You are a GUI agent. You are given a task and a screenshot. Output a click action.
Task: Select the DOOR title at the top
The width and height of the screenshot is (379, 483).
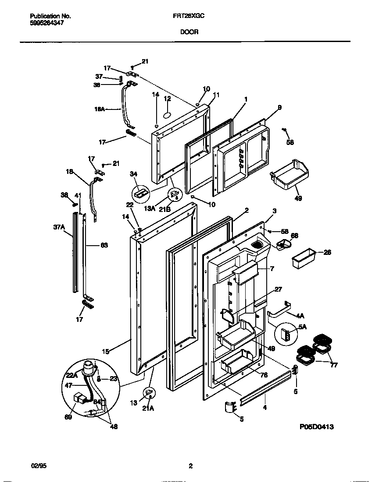(189, 32)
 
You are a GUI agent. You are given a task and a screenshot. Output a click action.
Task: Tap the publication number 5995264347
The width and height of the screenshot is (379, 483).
(47, 23)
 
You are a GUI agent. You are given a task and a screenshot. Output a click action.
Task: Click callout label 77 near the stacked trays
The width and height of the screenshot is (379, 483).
(334, 365)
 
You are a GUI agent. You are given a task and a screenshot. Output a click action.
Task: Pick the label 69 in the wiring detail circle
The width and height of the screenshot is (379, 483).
(68, 417)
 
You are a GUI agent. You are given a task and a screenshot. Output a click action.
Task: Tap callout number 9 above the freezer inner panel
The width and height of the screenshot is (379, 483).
(279, 107)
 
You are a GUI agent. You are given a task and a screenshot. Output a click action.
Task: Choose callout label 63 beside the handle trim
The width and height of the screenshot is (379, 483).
(104, 245)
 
